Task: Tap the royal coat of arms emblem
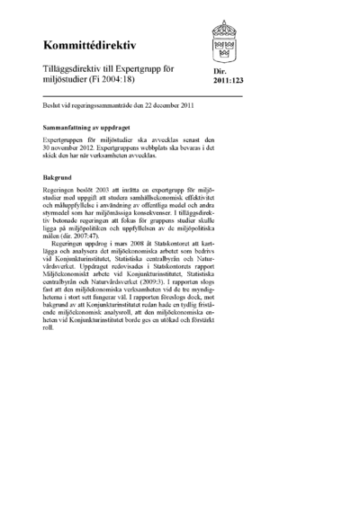[x=226, y=39]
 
